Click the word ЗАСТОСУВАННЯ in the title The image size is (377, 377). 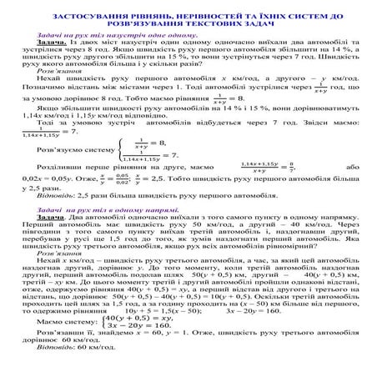click(x=88, y=16)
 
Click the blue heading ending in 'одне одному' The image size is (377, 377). click(x=114, y=38)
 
